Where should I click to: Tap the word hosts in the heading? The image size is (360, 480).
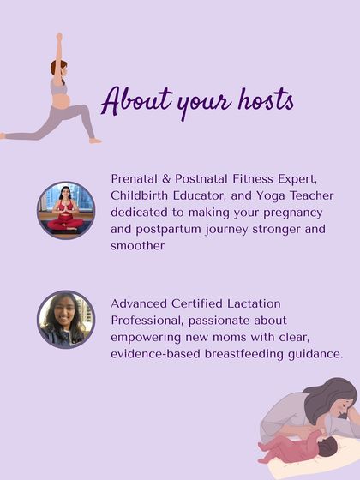[x=261, y=100]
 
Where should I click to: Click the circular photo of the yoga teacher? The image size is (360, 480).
[x=65, y=209]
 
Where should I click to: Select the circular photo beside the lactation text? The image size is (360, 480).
[x=65, y=319]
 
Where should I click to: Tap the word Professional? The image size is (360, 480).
[x=147, y=320]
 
